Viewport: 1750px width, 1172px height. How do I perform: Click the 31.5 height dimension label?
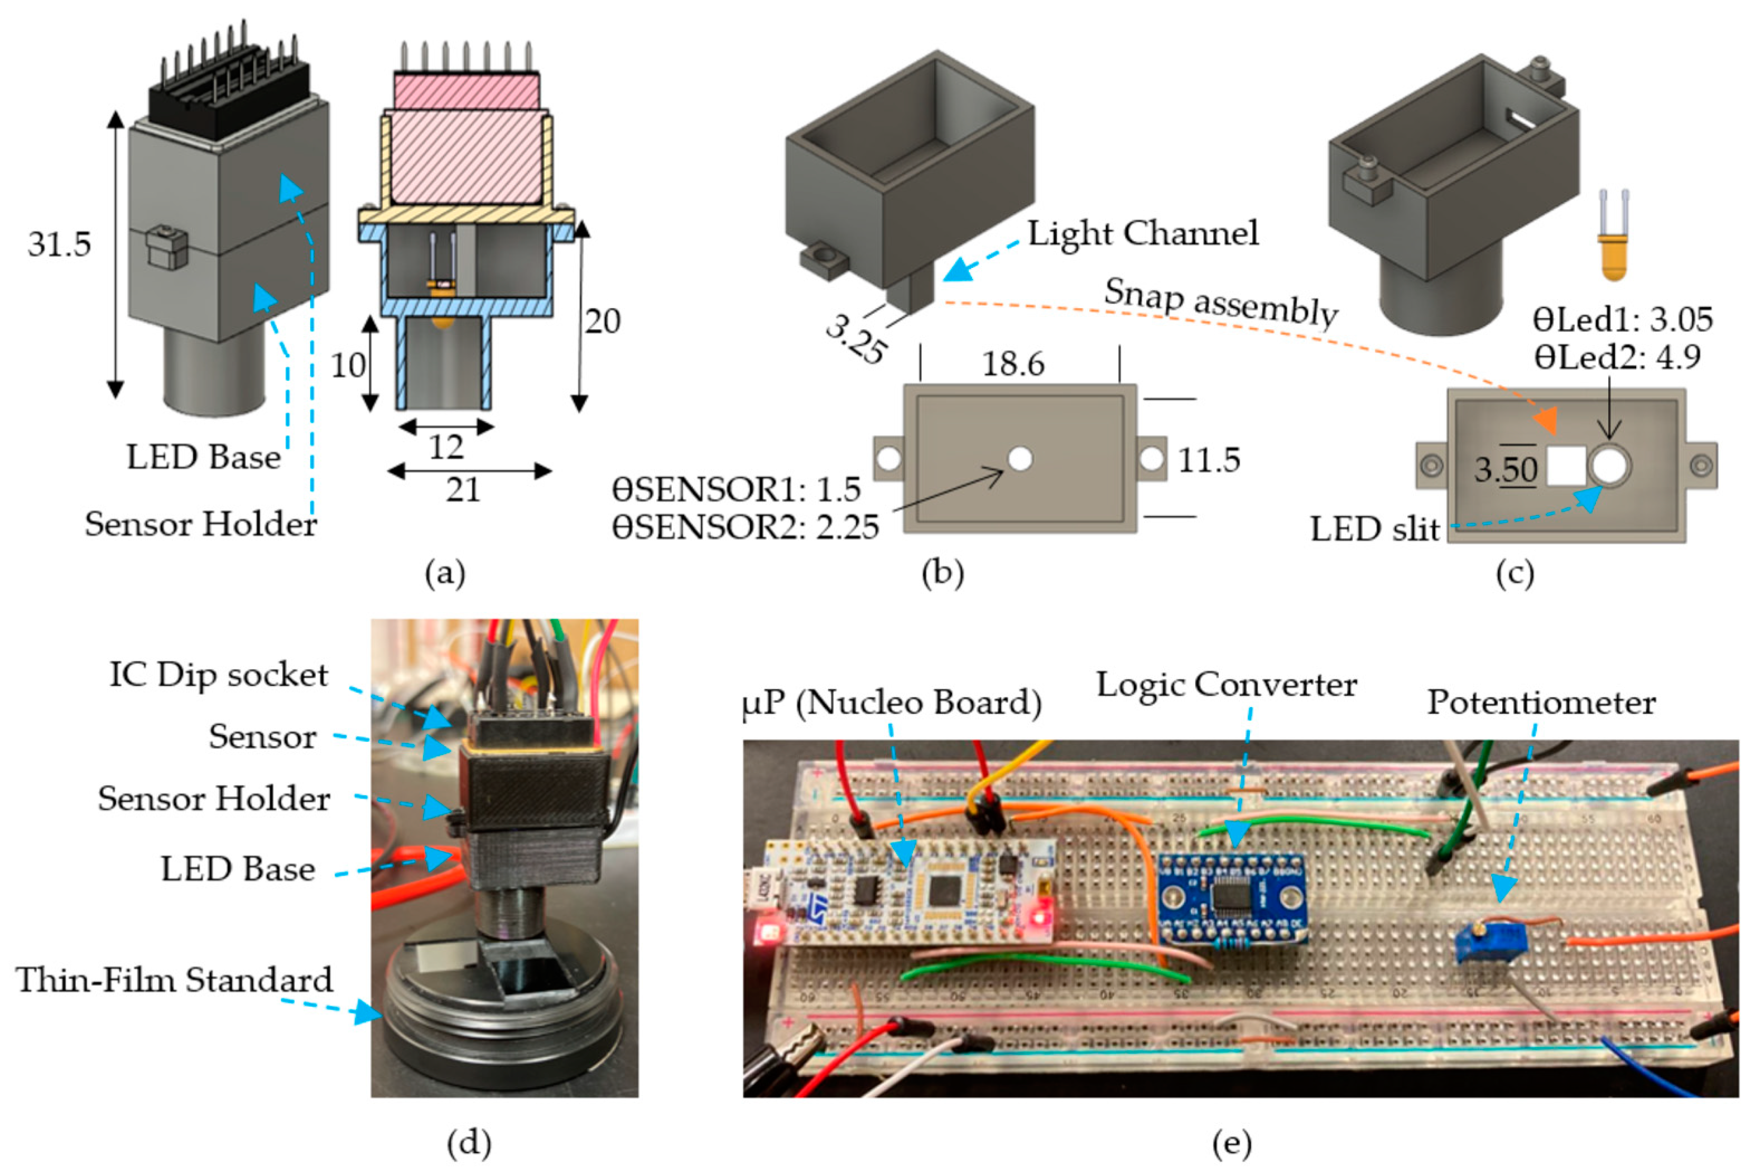(59, 244)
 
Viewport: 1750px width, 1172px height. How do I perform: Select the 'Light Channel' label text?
(1142, 233)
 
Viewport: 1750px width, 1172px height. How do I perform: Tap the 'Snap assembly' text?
(1221, 302)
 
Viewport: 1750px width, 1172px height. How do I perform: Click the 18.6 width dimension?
(1013, 364)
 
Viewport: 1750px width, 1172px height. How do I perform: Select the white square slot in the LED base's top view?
(1565, 467)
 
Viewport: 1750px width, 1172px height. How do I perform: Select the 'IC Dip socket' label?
(218, 675)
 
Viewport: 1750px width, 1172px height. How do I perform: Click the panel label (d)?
(469, 1141)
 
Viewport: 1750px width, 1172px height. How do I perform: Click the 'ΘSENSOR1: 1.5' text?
(736, 489)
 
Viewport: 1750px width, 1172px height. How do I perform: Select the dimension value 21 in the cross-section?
(463, 491)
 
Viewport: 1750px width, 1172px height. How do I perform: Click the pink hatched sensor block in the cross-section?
(467, 157)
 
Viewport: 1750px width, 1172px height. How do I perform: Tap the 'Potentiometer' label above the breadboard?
(1541, 703)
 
